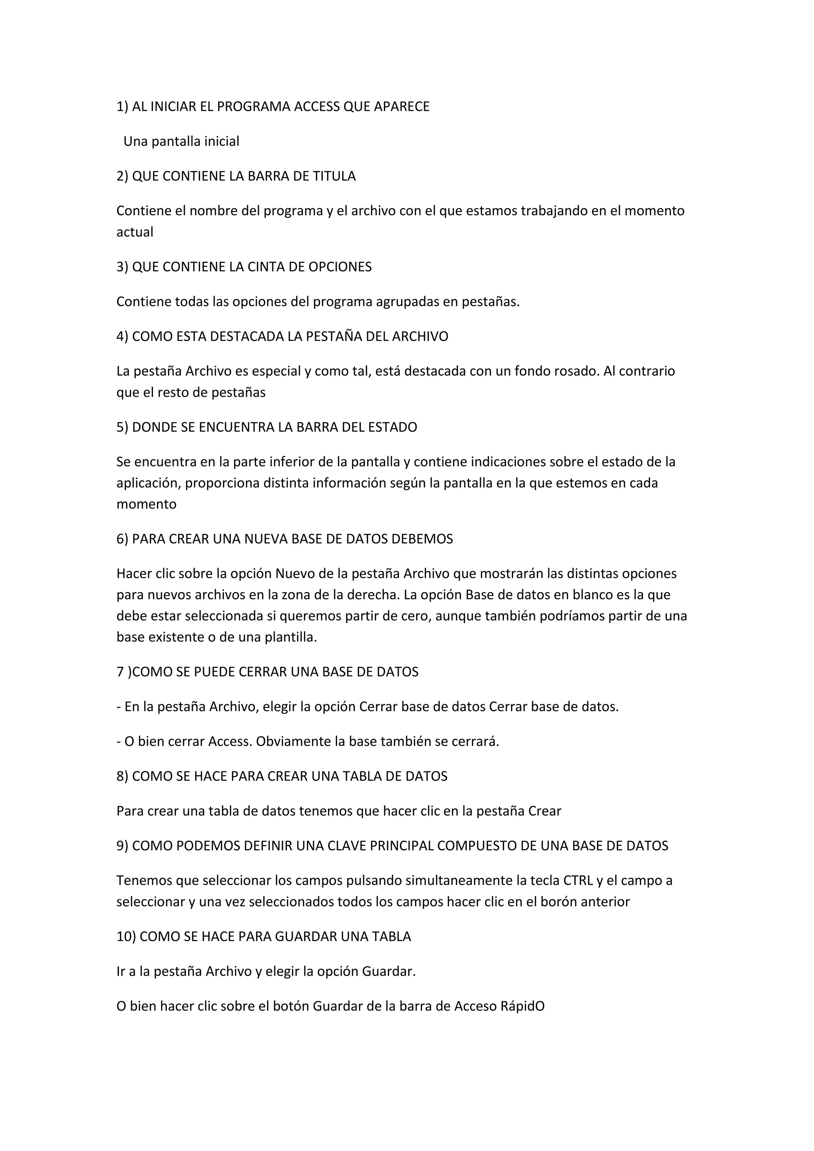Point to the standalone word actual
pos(135,232)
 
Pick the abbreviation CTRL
pos(578,881)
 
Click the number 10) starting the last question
pos(126,937)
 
